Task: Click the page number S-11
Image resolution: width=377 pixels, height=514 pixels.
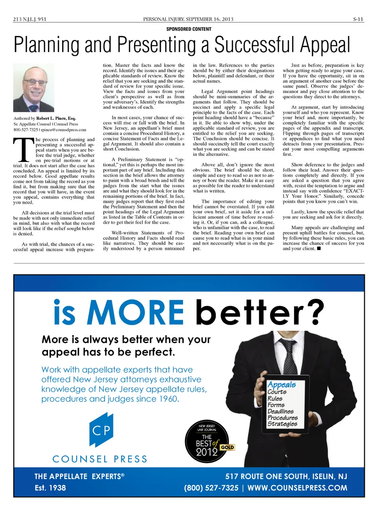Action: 358,19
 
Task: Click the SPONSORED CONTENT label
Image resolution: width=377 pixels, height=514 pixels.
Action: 189,29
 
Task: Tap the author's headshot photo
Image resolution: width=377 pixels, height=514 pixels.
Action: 33,88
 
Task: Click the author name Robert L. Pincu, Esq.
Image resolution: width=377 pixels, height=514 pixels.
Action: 56,118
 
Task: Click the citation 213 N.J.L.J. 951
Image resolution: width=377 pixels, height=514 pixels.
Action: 29,19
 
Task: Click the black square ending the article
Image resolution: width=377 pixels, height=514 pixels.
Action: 319,249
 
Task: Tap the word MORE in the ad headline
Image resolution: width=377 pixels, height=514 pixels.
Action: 135,313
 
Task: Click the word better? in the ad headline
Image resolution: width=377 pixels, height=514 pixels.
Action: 260,313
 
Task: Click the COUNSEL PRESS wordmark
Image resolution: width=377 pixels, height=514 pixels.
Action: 100,459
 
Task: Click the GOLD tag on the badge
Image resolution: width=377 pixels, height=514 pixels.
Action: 227,447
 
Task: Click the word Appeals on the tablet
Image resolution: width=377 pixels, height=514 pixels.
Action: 282,384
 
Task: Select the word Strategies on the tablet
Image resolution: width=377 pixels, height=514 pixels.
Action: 282,424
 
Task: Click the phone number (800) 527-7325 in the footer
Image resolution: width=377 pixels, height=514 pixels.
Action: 211,488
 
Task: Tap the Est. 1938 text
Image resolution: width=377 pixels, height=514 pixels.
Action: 50,488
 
